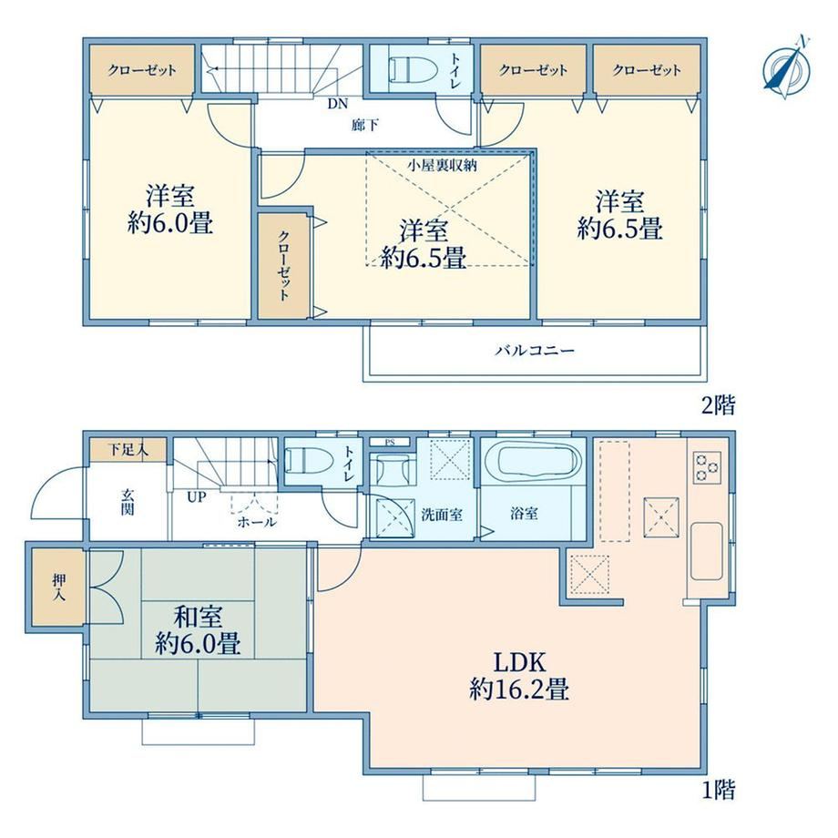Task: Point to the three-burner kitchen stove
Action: pyautogui.click(x=707, y=467)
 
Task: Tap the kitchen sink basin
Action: pyautogui.click(x=707, y=551)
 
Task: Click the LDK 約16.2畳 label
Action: pyautogui.click(x=519, y=676)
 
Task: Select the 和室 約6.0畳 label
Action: pyautogui.click(x=198, y=630)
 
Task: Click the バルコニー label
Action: pyautogui.click(x=535, y=351)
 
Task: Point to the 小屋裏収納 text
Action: pyautogui.click(x=442, y=165)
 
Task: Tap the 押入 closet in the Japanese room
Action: pyautogui.click(x=58, y=588)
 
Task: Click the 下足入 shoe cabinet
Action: pyautogui.click(x=128, y=450)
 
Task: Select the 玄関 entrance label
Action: pyautogui.click(x=127, y=502)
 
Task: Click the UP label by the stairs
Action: pyautogui.click(x=196, y=497)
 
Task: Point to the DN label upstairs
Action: pyautogui.click(x=337, y=103)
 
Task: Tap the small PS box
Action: pyautogui.click(x=390, y=443)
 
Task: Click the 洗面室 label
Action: pyautogui.click(x=442, y=515)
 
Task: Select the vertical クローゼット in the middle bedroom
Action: pyautogui.click(x=284, y=266)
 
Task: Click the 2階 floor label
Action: pyautogui.click(x=719, y=405)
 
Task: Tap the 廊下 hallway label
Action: pyautogui.click(x=365, y=126)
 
